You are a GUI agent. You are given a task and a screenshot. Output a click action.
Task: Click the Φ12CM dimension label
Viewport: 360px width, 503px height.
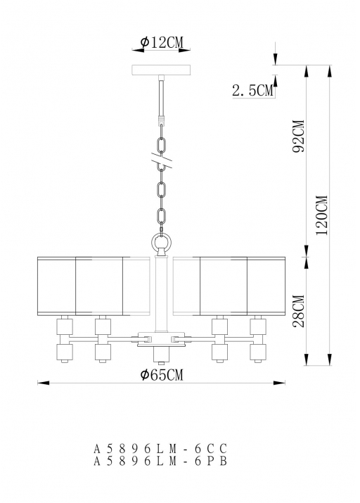click(162, 42)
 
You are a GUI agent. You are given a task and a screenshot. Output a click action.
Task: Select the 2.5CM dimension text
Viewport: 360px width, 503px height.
click(253, 91)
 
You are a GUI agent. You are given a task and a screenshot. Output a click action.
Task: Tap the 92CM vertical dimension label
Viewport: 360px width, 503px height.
click(298, 136)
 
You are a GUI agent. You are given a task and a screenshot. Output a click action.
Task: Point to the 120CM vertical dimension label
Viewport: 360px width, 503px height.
click(321, 215)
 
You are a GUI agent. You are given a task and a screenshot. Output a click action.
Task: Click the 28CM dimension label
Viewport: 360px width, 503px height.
click(298, 311)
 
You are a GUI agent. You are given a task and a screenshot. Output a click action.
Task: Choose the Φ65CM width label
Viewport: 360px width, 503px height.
click(162, 374)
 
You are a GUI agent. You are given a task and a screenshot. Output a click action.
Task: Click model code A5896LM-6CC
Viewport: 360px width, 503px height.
click(160, 448)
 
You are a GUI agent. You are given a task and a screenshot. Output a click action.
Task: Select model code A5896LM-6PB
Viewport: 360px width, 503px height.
click(160, 461)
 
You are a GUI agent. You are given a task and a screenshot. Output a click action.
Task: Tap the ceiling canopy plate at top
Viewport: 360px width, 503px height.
click(161, 70)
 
